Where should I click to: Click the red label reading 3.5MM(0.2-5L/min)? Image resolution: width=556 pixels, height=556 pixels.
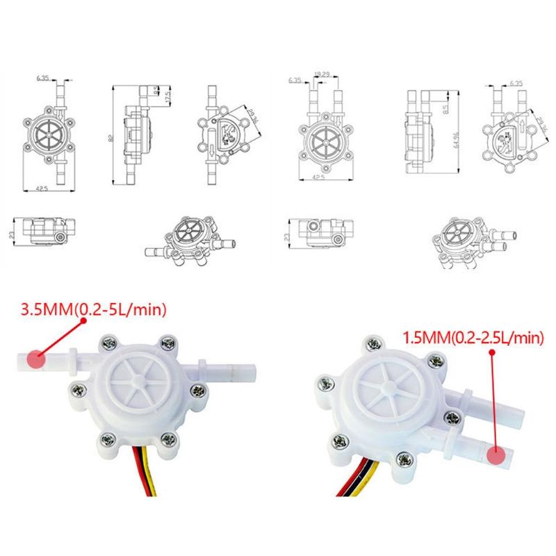pos(86,310)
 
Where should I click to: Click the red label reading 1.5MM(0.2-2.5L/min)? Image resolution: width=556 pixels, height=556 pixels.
pos(472,338)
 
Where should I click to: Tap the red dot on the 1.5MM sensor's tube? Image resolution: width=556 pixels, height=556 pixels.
pos(496,456)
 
